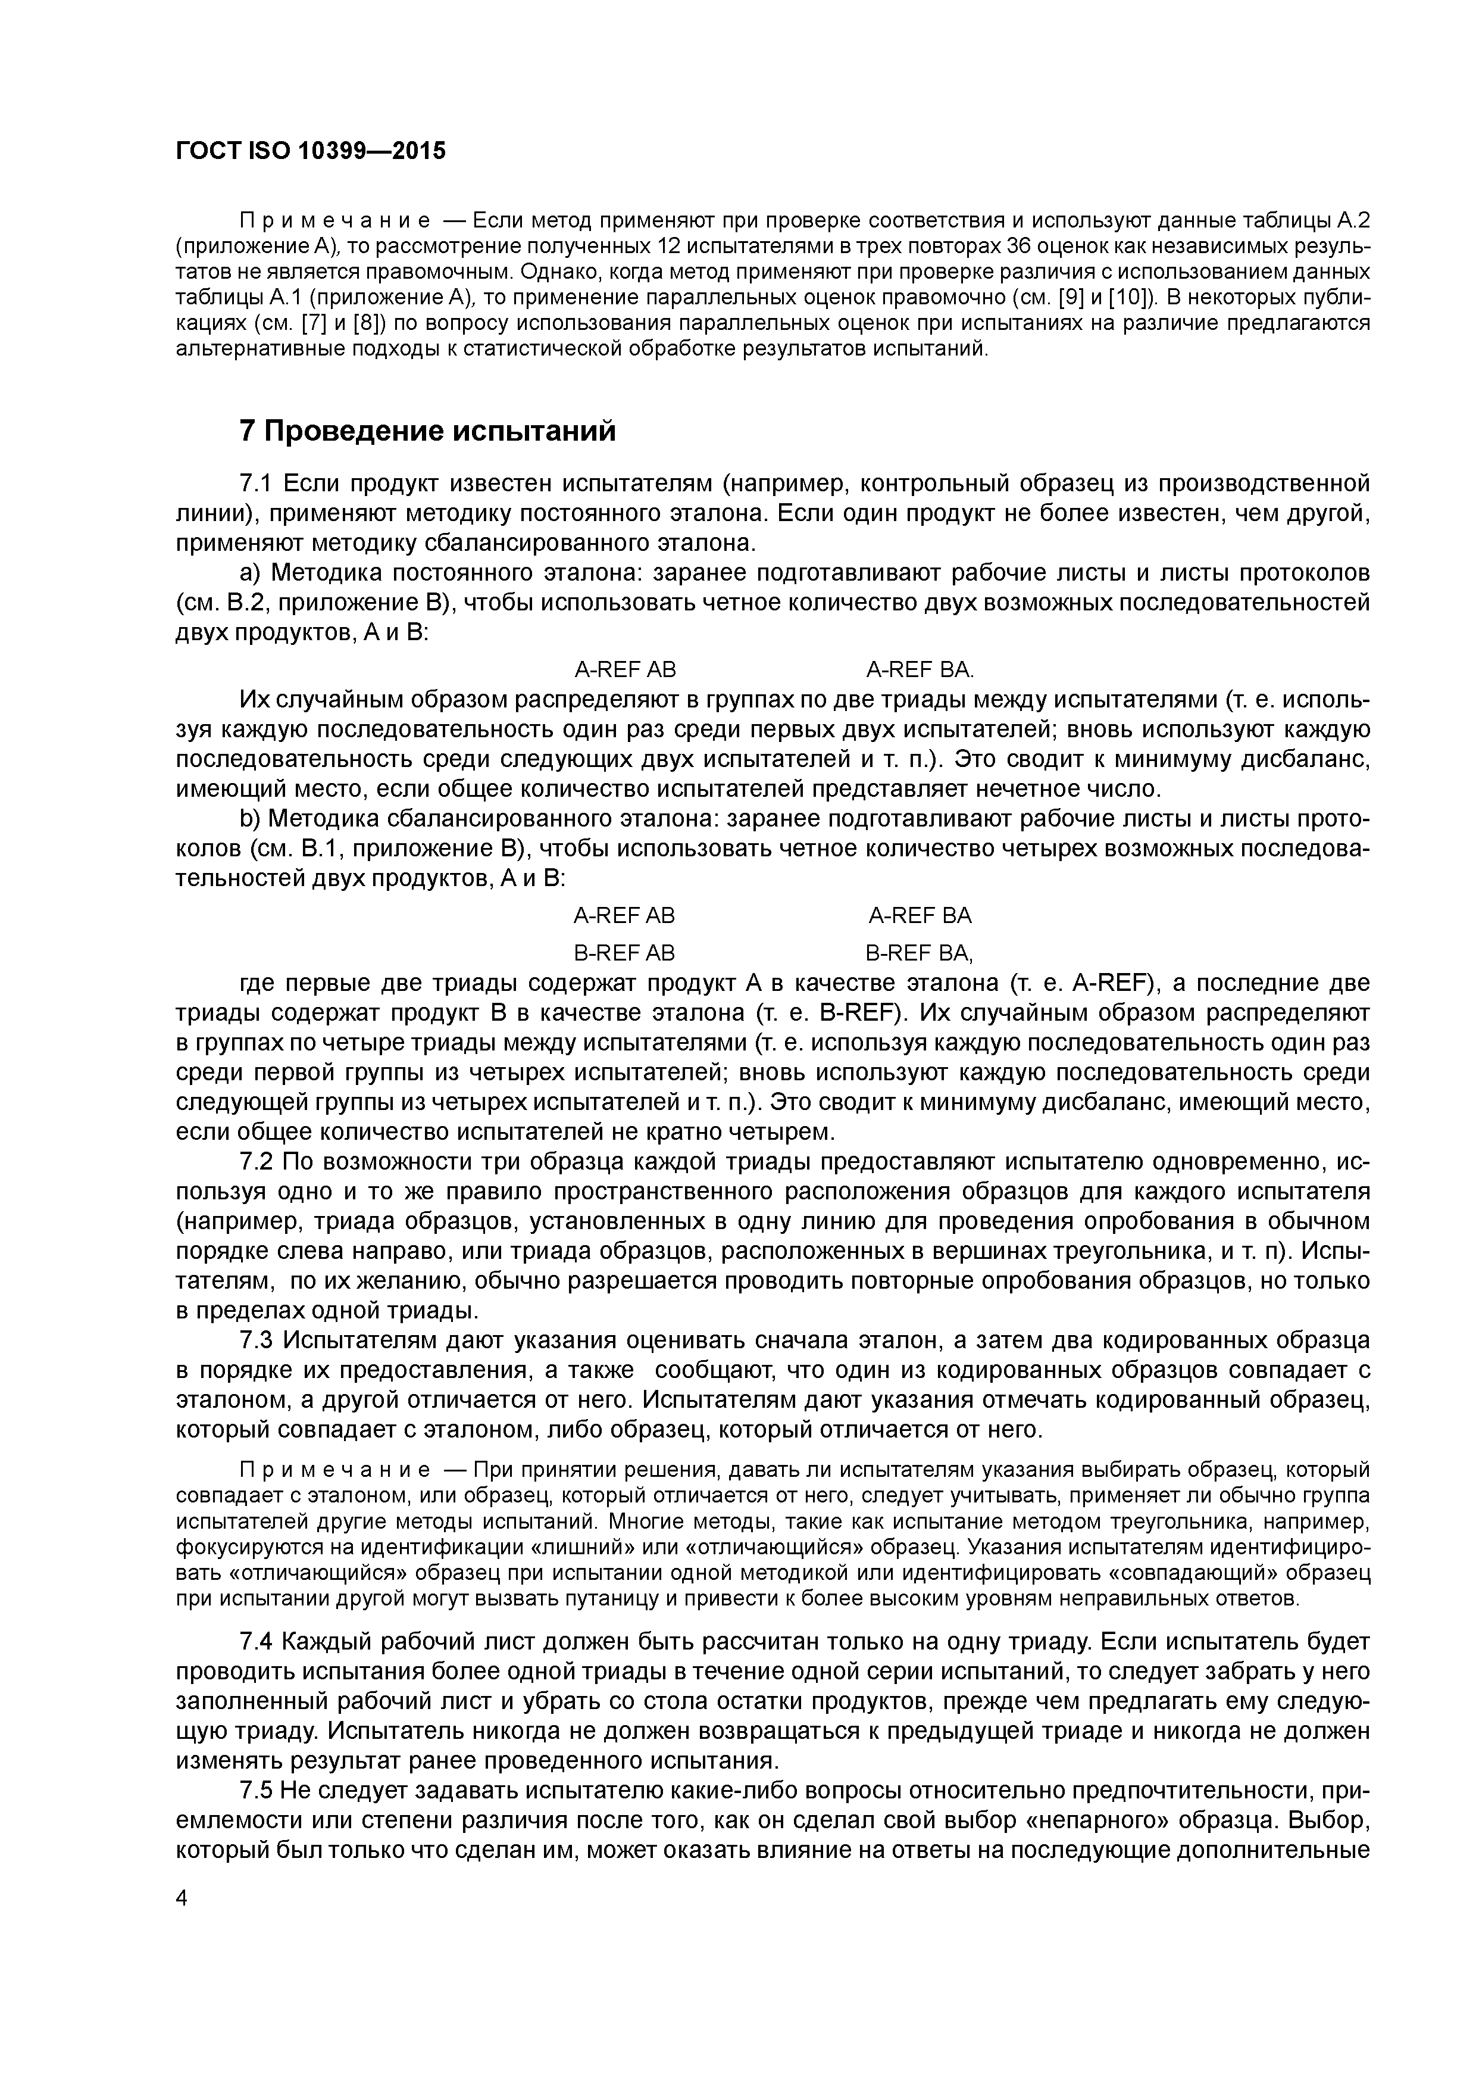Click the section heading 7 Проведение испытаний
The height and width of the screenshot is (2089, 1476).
[x=427, y=431]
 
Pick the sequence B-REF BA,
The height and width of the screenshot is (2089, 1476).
[x=918, y=953]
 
